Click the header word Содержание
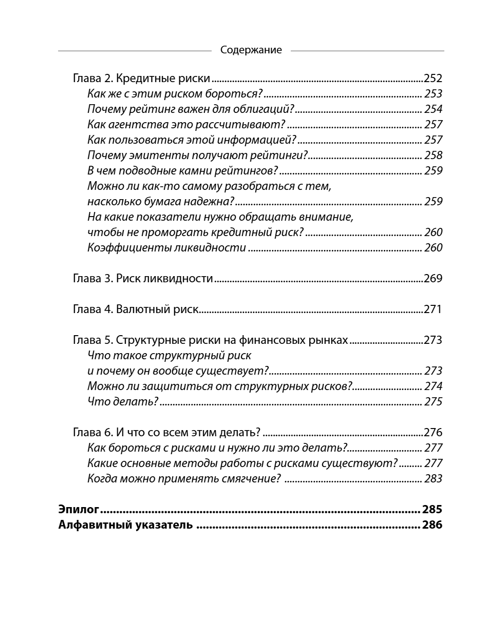coord(251,50)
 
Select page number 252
coord(433,79)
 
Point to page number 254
coord(433,109)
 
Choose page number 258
coord(433,156)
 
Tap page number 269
coord(433,279)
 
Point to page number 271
coord(433,309)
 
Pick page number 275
coord(433,402)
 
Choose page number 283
coord(433,479)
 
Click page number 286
coord(432,525)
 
